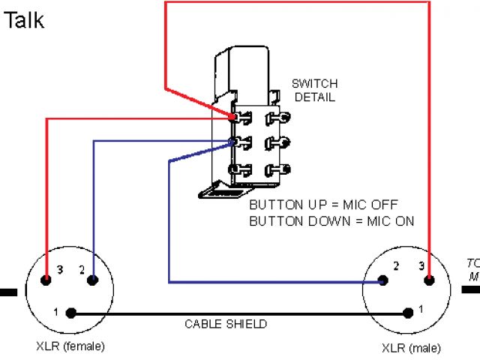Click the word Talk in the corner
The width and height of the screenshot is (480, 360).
24,19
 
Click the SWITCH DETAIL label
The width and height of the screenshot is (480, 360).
314,90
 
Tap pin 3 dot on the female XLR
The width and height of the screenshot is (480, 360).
46,280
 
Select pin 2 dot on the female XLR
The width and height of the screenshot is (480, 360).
92,280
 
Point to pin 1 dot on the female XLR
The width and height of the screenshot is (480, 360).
70,312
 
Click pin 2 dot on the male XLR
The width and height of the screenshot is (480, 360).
383,281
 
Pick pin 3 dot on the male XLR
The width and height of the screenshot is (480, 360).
429,281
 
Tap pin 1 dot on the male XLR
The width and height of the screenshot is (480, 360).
408,312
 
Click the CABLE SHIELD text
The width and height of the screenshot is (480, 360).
226,324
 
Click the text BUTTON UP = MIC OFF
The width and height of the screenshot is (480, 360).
323,205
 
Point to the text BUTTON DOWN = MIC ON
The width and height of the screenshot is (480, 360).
331,220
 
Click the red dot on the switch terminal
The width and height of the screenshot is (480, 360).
235,116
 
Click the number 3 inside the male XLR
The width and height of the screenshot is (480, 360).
422,265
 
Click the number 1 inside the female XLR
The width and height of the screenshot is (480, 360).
55,311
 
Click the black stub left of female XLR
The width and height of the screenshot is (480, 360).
7,292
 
